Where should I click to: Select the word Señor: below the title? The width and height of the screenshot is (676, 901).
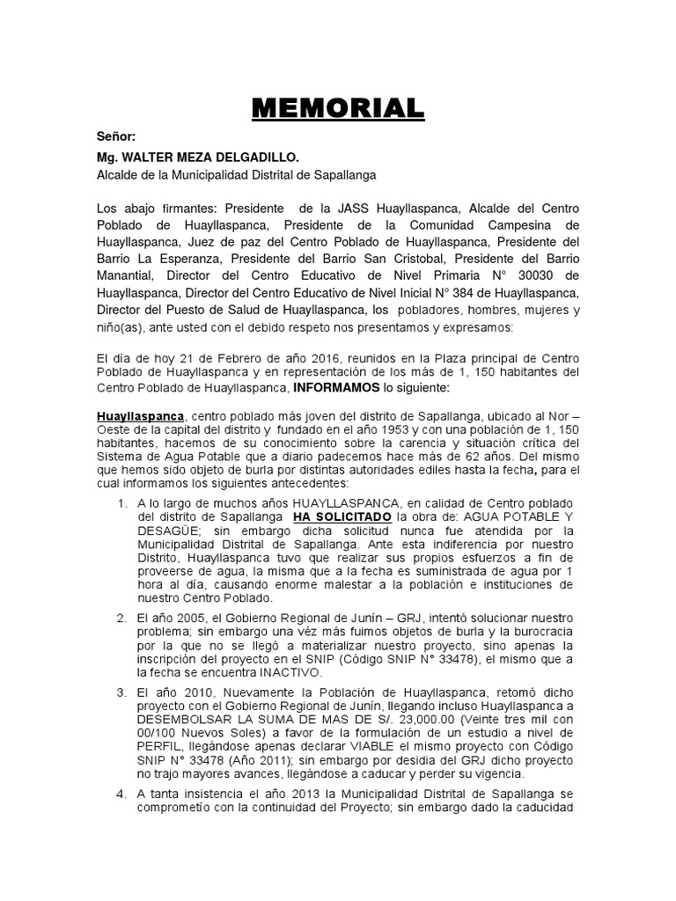point(116,139)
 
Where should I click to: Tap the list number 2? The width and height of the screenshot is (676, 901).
point(122,616)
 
